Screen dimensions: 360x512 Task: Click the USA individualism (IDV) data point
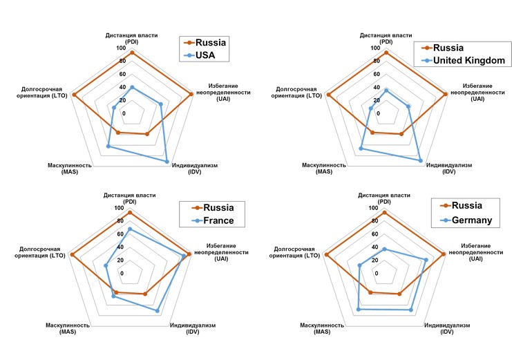pos(167,162)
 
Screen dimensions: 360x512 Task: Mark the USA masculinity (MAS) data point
pos(108,146)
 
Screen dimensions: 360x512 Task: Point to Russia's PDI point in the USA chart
pos(131,53)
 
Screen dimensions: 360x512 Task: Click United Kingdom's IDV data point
pos(421,160)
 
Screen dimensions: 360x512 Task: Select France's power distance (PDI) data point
pos(129,229)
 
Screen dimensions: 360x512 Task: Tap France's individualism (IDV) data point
pos(158,311)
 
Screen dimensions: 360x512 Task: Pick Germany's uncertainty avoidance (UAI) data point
pos(426,260)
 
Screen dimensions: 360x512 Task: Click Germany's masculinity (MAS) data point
pos(357,310)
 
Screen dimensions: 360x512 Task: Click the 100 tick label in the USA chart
pos(121,48)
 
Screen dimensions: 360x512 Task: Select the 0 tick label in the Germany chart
pos(377,273)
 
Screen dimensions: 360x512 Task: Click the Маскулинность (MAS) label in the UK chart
pos(324,169)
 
